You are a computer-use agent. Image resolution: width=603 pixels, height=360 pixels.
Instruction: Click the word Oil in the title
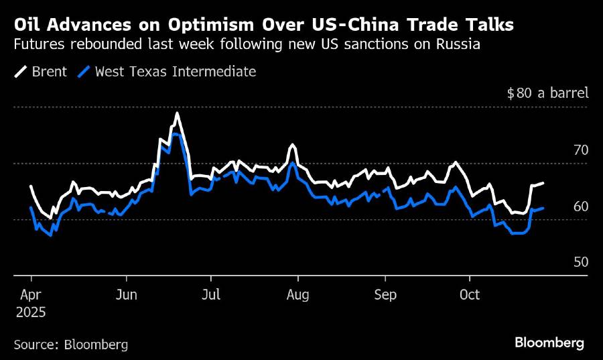coord(27,25)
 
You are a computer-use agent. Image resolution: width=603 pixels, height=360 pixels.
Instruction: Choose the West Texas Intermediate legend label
coord(175,71)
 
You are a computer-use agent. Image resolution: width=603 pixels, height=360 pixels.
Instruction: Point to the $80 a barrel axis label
coord(547,93)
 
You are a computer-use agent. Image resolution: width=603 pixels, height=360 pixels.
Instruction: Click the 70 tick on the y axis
coord(580,149)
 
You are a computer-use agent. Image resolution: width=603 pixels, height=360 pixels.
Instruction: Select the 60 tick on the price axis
coord(580,206)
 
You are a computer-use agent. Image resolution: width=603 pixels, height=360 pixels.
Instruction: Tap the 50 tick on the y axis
coord(580,261)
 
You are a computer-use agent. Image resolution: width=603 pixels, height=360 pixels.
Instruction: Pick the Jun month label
coord(127,295)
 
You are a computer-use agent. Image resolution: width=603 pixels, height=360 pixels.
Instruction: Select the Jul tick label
coord(211,295)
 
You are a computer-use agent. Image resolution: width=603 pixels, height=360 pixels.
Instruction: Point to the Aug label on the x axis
coord(297,295)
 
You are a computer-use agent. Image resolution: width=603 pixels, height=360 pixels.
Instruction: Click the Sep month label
coord(385,295)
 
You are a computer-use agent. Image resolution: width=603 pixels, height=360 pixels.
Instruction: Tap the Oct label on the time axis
coord(470,295)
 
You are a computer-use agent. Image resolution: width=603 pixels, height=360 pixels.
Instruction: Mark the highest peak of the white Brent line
coord(177,113)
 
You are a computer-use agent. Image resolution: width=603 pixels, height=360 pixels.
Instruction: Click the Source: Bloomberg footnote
coord(70,345)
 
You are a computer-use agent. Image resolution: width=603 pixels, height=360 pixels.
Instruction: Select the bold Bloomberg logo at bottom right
coord(549,343)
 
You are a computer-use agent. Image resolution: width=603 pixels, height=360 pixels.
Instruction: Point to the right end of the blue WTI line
coord(543,208)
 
